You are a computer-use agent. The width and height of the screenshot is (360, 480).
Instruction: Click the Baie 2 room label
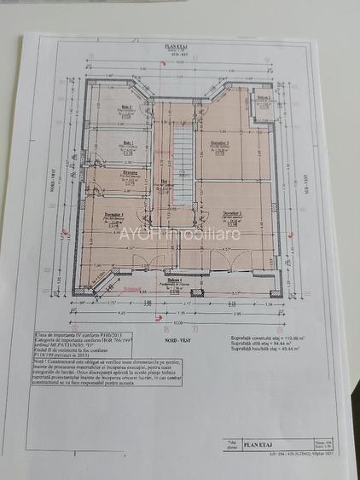click(126, 107)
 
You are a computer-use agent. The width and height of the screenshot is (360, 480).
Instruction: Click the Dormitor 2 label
click(232, 215)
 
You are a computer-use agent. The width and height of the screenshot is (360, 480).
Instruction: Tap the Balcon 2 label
click(264, 98)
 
